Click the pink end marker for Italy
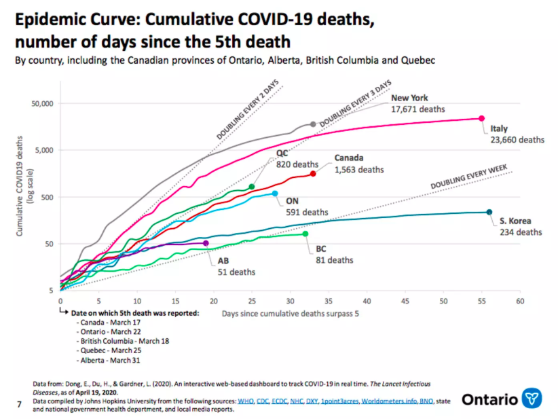(482, 119)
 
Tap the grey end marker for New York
(313, 124)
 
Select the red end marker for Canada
(313, 174)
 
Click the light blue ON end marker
(275, 194)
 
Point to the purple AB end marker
(206, 243)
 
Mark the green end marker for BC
(305, 234)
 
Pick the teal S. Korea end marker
(489, 213)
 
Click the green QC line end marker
(252, 187)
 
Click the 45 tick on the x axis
(405, 301)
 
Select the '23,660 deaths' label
(517, 140)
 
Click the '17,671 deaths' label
(417, 109)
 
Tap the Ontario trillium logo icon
(532, 399)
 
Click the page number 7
(18, 405)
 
